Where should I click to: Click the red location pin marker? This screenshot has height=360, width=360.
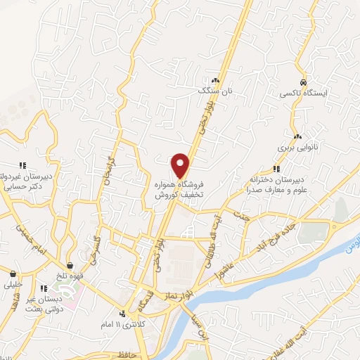point(181,165)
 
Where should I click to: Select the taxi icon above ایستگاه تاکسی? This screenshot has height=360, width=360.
point(302,81)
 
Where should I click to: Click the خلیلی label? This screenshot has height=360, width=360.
point(14,285)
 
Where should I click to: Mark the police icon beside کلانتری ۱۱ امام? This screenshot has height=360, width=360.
point(122,314)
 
